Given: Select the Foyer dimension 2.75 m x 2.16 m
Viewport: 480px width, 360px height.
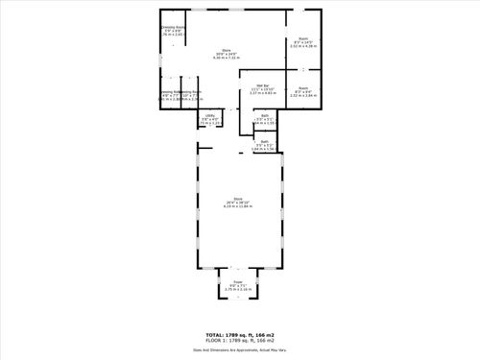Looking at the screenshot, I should click(238, 289).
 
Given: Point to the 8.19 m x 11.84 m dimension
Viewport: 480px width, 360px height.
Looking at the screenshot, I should click(237, 208).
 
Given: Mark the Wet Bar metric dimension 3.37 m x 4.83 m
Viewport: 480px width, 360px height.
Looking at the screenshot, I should click(259, 93).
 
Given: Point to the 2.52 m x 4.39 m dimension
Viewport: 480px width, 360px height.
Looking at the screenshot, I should click(303, 45).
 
